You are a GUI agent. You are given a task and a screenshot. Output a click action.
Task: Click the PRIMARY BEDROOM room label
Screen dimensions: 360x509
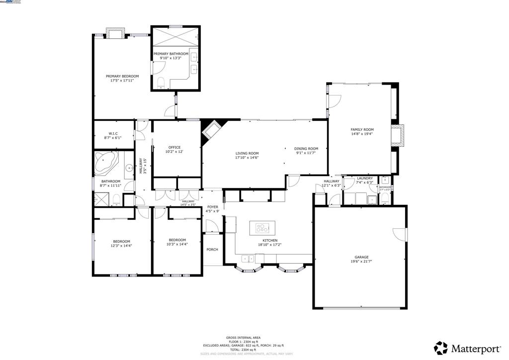122,76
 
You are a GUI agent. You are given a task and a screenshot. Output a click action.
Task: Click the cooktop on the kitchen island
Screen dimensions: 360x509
261,228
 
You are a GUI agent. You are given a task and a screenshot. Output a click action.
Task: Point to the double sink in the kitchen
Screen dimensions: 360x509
246,258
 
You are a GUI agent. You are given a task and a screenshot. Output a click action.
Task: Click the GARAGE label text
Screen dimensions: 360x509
361,257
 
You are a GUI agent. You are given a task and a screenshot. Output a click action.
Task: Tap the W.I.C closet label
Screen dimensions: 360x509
113,133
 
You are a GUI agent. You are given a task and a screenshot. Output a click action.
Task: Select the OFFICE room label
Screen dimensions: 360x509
174,147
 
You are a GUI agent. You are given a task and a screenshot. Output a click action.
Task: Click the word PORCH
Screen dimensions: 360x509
212,250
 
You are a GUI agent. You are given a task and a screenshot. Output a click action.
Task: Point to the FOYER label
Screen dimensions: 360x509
212,206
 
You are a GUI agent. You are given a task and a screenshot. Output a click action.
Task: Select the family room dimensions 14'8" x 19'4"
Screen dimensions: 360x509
361,133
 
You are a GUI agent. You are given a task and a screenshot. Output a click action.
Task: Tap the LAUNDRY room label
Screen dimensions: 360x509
364,178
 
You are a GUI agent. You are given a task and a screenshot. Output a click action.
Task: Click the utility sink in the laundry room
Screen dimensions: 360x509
371,200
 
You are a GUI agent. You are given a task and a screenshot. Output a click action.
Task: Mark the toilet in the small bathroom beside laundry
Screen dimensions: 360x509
385,199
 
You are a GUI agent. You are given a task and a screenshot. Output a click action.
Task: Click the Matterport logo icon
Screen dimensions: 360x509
440,347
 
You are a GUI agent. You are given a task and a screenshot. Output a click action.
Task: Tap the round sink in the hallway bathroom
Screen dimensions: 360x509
129,168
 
